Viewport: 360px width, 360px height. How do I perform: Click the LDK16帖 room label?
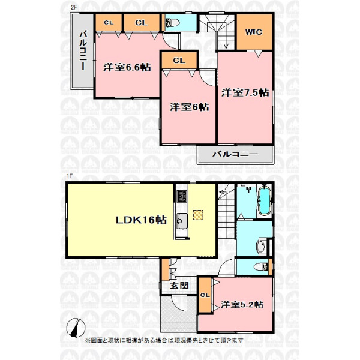tap(141, 220)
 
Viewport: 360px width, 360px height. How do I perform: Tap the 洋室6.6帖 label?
tap(127, 67)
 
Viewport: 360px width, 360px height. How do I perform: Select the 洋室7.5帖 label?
tap(245, 93)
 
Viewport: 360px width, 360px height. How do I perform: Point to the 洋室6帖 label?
tap(190, 107)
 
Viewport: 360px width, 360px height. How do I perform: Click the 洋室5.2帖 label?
tap(242, 304)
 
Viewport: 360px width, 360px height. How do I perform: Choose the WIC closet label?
tap(254, 32)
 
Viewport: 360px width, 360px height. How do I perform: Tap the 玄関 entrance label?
tap(179, 286)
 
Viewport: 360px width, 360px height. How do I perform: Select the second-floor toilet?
tap(173, 23)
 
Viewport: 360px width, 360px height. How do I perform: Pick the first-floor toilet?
tap(261, 266)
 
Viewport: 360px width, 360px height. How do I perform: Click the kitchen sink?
tap(182, 221)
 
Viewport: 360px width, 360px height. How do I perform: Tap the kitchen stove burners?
tap(182, 196)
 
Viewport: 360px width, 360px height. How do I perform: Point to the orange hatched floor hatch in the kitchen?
tap(198, 215)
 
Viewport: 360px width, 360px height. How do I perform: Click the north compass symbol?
tap(76, 328)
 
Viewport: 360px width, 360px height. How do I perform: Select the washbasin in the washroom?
tap(261, 247)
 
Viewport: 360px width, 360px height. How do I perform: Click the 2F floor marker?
tap(74, 7)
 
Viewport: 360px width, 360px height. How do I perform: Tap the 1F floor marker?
tap(70, 176)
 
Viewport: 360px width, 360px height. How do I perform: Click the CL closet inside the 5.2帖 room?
tap(205, 295)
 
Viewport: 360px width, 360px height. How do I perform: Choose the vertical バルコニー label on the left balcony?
tap(83, 50)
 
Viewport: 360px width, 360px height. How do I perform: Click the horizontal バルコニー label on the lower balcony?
tap(235, 154)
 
